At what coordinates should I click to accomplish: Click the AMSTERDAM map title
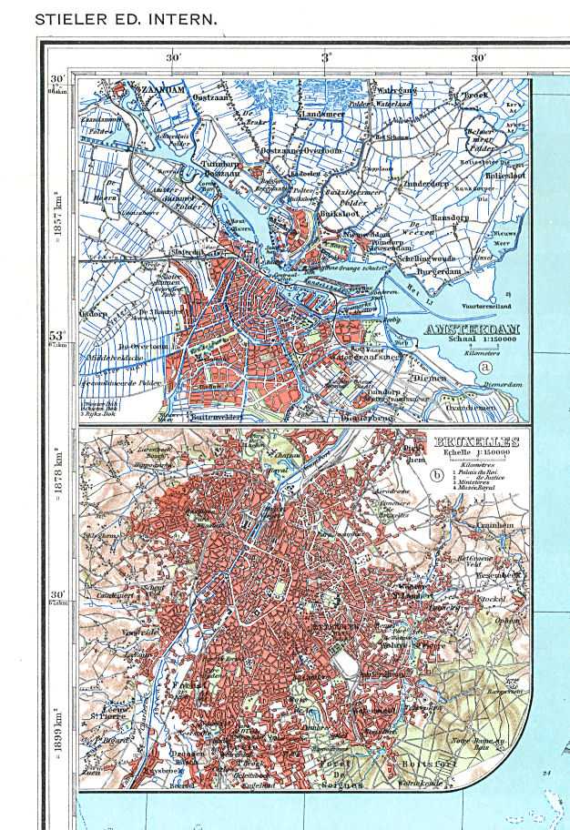pyautogui.click(x=473, y=330)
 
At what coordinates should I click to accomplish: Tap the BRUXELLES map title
pyautogui.click(x=478, y=443)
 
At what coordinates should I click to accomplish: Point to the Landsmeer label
pyautogui.click(x=327, y=114)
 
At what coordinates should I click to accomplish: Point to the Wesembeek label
pyautogui.click(x=479, y=575)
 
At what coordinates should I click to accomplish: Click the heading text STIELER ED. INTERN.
pyautogui.click(x=125, y=17)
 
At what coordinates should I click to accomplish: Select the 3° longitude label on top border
pyautogui.click(x=327, y=58)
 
